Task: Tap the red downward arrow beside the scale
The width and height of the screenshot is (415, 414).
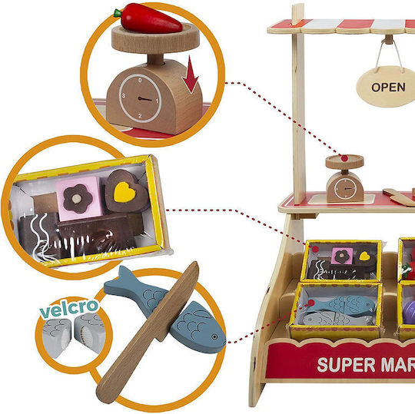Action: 190,74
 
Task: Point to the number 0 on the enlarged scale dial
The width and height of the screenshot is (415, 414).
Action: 140,80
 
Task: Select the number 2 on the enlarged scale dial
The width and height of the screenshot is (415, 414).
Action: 140,116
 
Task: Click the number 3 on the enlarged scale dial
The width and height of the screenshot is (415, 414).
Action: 124,95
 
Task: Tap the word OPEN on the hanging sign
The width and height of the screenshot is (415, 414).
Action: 388,87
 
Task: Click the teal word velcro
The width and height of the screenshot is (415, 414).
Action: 70,308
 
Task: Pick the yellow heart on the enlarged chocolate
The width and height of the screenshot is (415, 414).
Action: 124,192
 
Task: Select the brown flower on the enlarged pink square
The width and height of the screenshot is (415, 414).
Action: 78,199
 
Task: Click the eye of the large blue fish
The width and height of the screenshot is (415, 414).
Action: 214,336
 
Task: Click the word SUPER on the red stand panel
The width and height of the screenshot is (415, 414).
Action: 346,365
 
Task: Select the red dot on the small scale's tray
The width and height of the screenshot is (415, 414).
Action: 344,158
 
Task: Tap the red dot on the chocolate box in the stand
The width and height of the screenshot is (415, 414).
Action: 315,249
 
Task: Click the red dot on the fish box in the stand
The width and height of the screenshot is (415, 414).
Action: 311,303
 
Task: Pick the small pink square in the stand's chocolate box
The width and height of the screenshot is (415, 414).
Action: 342,256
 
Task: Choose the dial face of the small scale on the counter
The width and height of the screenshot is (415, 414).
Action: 345,189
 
